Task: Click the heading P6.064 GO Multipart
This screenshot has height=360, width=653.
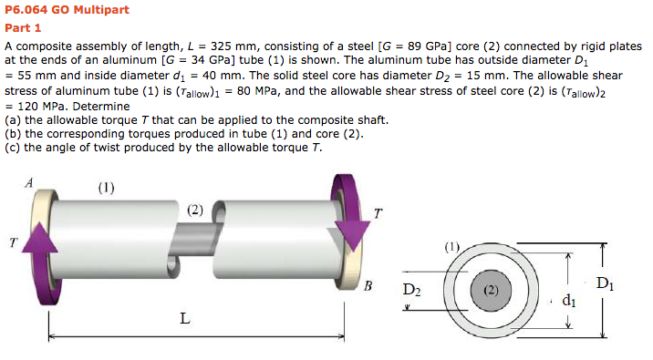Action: click(67, 10)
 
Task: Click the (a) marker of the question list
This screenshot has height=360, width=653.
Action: click(12, 119)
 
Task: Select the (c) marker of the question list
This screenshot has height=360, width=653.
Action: click(12, 148)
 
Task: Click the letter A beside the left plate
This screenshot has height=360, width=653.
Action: click(29, 182)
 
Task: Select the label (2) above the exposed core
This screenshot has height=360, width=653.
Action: click(195, 210)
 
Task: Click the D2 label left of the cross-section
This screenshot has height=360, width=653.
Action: click(412, 291)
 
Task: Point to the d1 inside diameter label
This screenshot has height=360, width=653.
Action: click(569, 298)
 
